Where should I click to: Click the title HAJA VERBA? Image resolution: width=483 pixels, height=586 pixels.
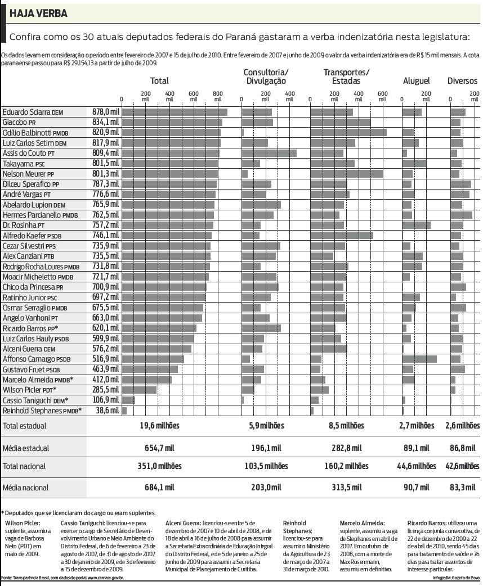(x=39, y=13)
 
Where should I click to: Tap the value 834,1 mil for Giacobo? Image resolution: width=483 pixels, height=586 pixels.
(x=106, y=122)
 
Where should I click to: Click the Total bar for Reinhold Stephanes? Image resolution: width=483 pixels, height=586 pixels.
(x=124, y=411)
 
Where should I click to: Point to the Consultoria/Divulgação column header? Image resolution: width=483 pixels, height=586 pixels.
(x=266, y=76)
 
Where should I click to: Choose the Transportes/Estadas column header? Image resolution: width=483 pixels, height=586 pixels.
(x=346, y=76)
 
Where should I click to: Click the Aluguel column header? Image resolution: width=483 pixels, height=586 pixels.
(x=417, y=81)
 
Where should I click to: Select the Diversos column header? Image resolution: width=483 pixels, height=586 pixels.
(x=462, y=81)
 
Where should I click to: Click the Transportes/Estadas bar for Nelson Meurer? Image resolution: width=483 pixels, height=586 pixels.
(x=347, y=173)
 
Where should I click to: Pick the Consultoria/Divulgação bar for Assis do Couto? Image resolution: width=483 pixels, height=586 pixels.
(x=269, y=153)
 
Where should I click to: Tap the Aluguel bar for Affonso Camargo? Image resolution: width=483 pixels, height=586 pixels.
(x=419, y=359)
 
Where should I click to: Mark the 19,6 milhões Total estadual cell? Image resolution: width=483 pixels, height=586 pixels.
(x=159, y=426)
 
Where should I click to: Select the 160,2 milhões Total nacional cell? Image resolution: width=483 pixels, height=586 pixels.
(x=347, y=466)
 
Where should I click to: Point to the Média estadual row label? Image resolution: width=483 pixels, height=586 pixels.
(x=26, y=449)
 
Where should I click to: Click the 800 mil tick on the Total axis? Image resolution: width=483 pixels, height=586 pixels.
(x=218, y=95)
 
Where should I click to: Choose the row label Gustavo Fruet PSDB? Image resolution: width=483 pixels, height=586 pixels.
(x=31, y=369)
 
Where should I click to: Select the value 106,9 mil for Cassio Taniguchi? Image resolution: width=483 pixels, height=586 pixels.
(x=106, y=400)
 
